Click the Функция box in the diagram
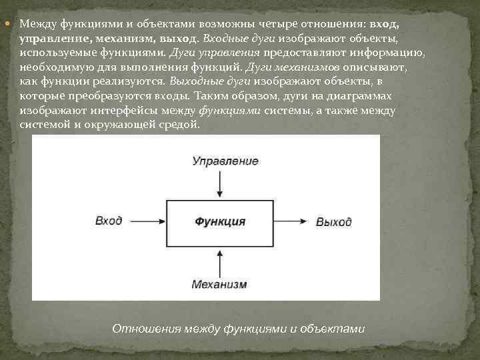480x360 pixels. pos(220,221)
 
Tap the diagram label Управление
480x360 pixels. pos(225,161)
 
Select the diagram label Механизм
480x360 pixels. pos(219,284)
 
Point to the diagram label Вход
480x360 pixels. pos(109,221)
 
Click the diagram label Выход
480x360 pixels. pos(333,221)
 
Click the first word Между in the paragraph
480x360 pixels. pos(39,23)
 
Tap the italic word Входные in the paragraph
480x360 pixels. pos(227,38)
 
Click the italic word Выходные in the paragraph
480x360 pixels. pos(192,81)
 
